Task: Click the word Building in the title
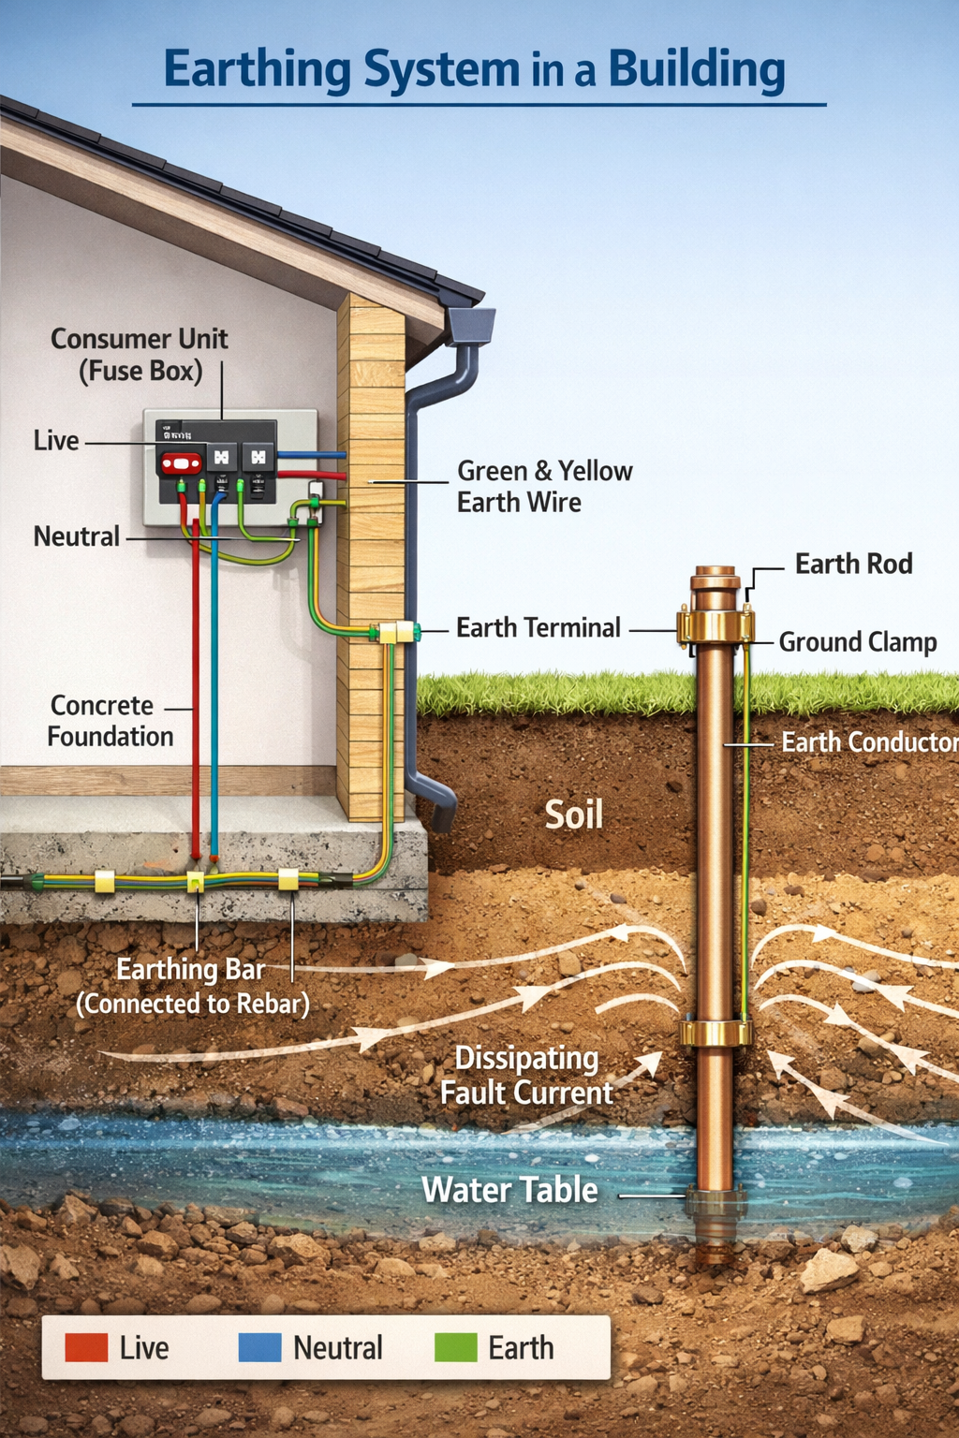[697, 69]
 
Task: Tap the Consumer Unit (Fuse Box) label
[140, 355]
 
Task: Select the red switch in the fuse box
[181, 462]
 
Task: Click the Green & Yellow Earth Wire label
[544, 487]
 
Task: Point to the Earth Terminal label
[538, 628]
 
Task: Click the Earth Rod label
[853, 565]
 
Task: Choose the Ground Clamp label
[857, 642]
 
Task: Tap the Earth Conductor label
[869, 742]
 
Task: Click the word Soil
[573, 814]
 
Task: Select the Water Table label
[509, 1190]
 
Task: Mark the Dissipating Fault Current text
[526, 1076]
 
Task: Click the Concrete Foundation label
[110, 721]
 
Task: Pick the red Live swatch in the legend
[86, 1347]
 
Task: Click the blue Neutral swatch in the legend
[259, 1347]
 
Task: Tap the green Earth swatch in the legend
[456, 1347]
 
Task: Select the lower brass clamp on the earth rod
[715, 1033]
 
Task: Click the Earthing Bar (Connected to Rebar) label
[192, 987]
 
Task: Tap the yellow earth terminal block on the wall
[396, 633]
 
